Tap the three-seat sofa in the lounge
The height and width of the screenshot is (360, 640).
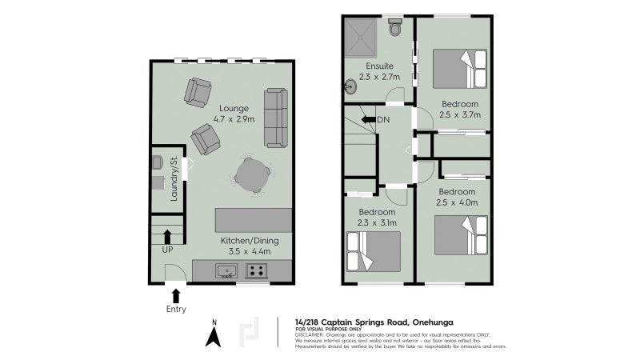pos(276,118)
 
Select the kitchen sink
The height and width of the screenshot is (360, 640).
pos(227,271)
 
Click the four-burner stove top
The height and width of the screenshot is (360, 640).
pos(257,271)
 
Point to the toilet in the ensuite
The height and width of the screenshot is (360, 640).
pos(394,28)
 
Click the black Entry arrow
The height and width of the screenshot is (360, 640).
pos(176,296)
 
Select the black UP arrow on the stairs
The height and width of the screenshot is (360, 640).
pos(166,236)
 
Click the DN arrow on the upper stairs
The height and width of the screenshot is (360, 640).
pos(368,120)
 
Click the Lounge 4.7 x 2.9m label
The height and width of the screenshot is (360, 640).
pos(234,114)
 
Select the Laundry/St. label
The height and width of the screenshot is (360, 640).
pos(173,178)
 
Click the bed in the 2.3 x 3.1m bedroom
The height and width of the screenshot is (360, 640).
pos(373,252)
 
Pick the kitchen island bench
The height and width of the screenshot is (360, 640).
pos(254,218)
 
